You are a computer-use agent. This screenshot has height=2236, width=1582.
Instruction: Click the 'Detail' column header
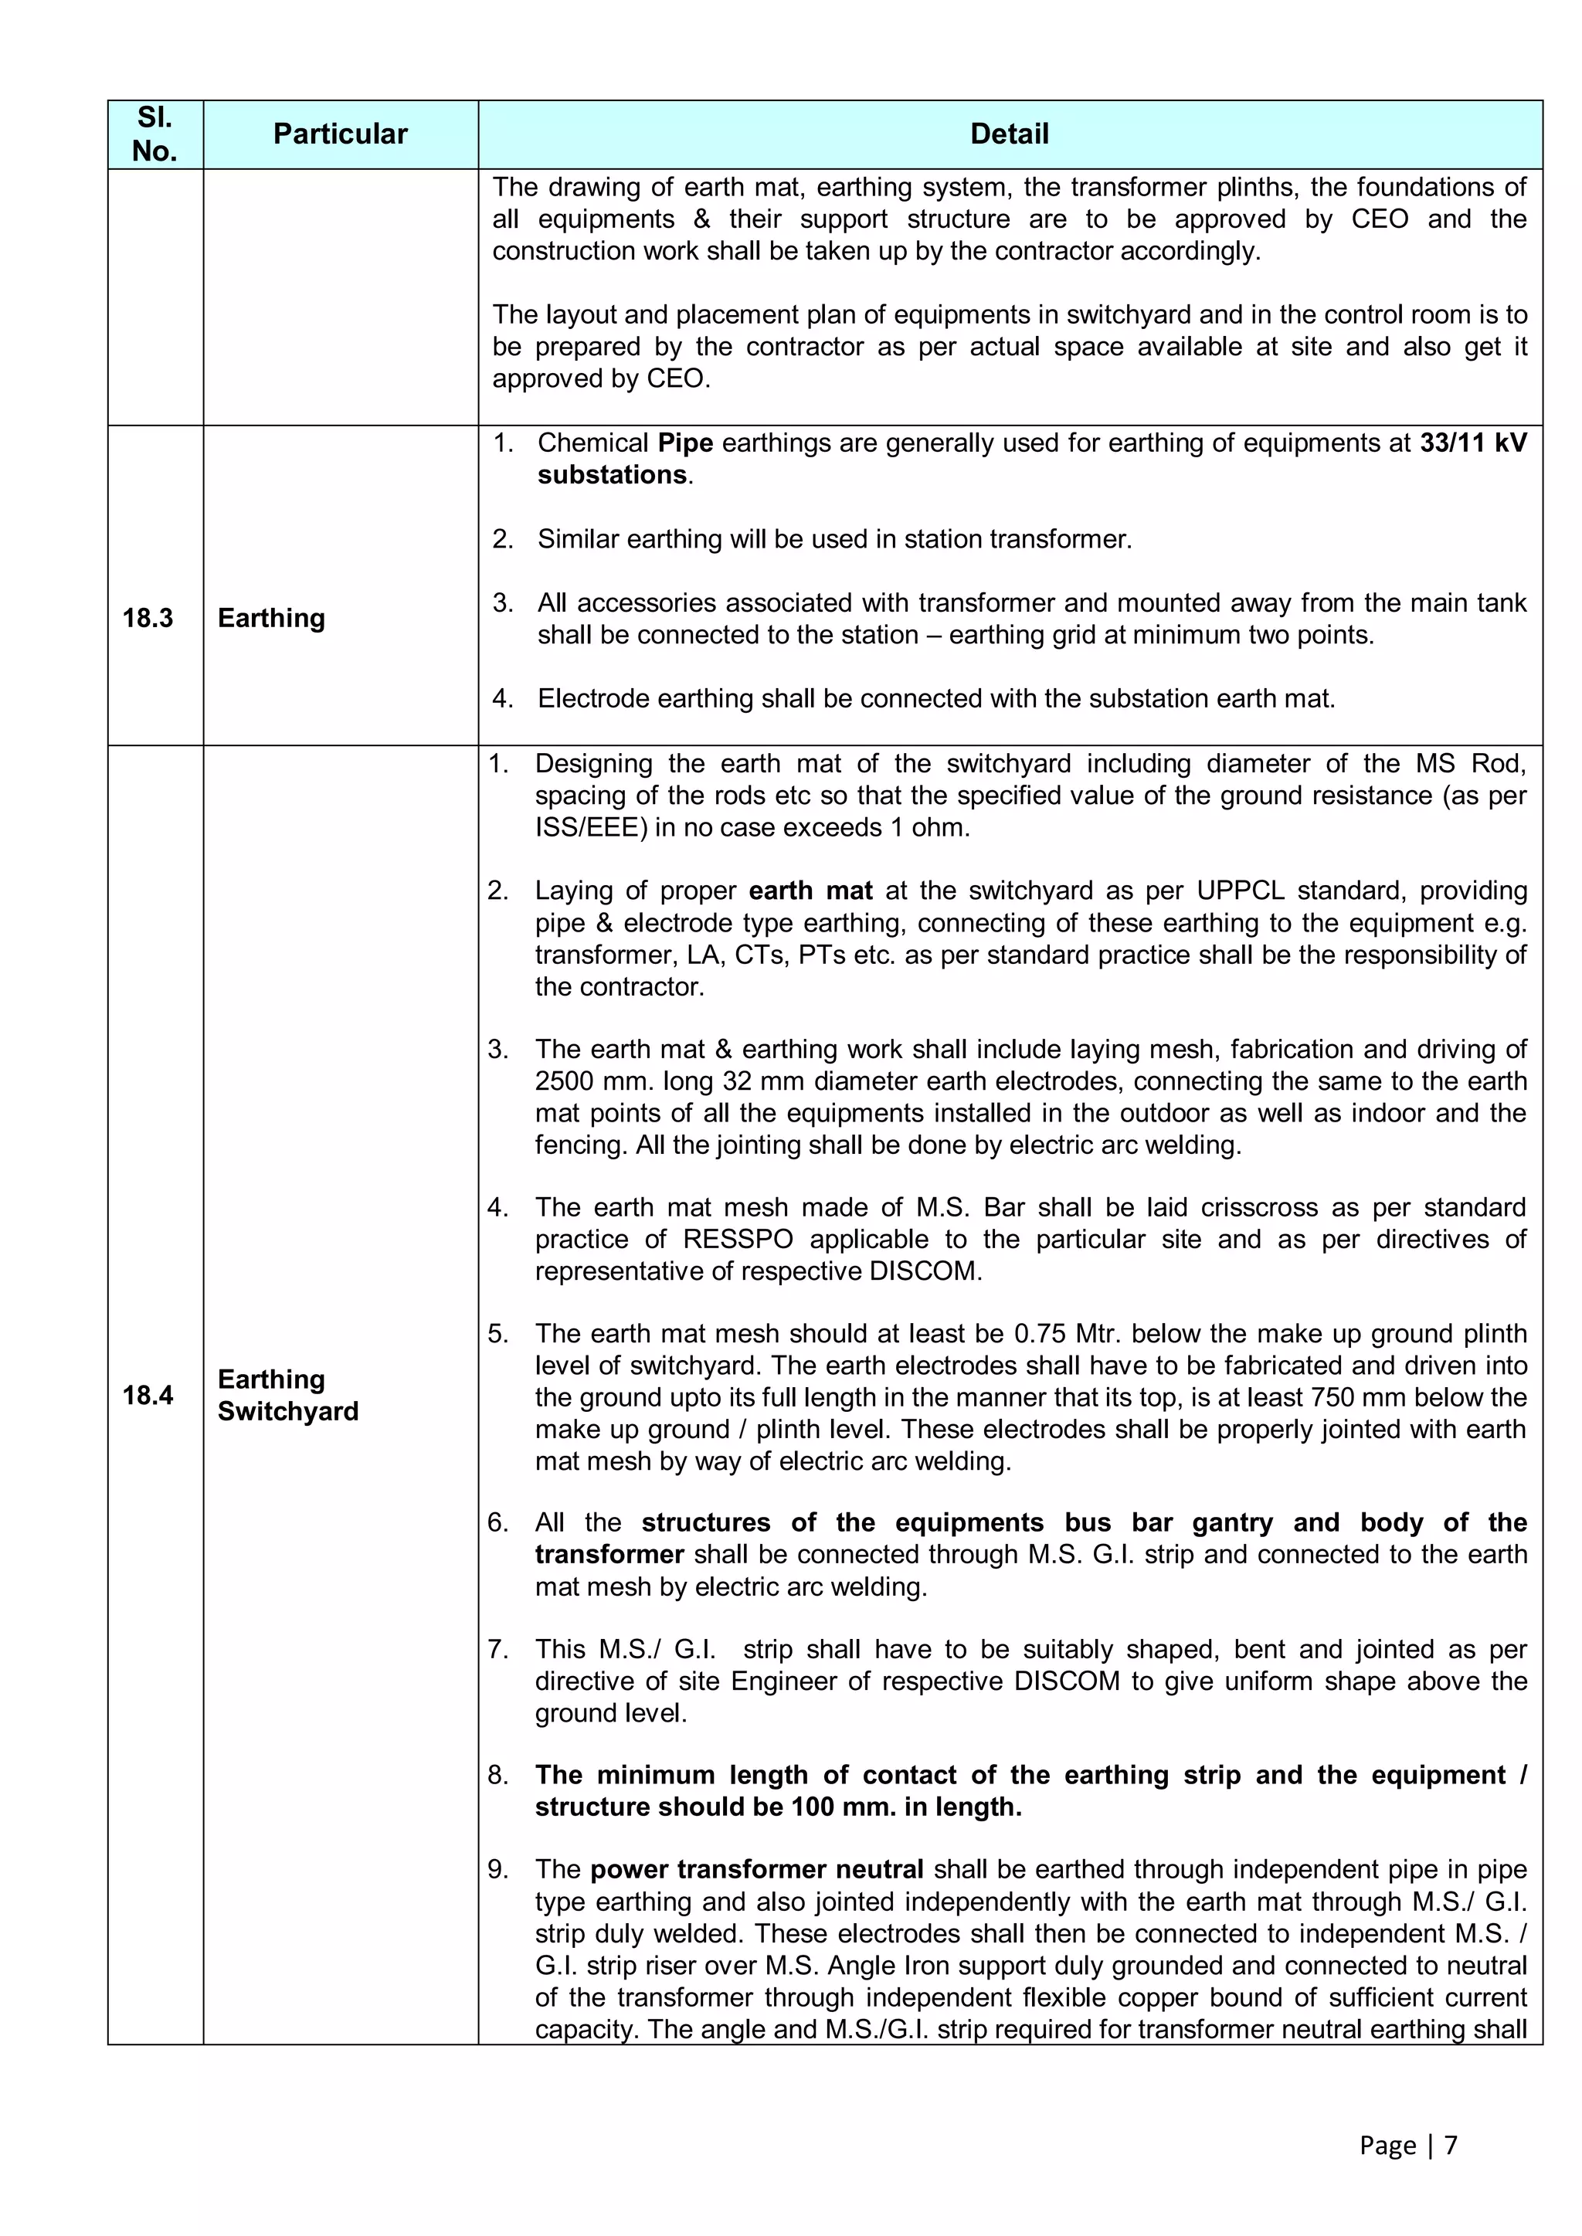pos(1009,134)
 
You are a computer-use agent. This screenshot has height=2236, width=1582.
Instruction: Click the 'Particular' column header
pos(340,134)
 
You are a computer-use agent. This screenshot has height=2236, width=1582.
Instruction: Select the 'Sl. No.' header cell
pos(155,134)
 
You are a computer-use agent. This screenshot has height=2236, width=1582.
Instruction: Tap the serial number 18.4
pos(148,1395)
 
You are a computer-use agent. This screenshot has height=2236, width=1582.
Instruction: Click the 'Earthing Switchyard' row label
pos(287,1395)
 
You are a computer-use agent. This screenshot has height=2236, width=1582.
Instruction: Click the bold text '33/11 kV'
pos(1473,443)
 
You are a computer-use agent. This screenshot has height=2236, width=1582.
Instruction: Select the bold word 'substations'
pos(612,475)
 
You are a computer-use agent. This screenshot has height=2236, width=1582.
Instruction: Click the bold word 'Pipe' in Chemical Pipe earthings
pos(685,443)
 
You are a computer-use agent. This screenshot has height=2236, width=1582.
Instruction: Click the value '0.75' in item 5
pos(1041,1333)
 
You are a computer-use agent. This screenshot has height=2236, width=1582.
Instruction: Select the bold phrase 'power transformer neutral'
pos(756,1869)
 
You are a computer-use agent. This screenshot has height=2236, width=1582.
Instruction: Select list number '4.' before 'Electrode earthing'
pos(503,698)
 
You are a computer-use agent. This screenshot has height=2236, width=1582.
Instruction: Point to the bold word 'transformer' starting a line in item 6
pos(609,1554)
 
